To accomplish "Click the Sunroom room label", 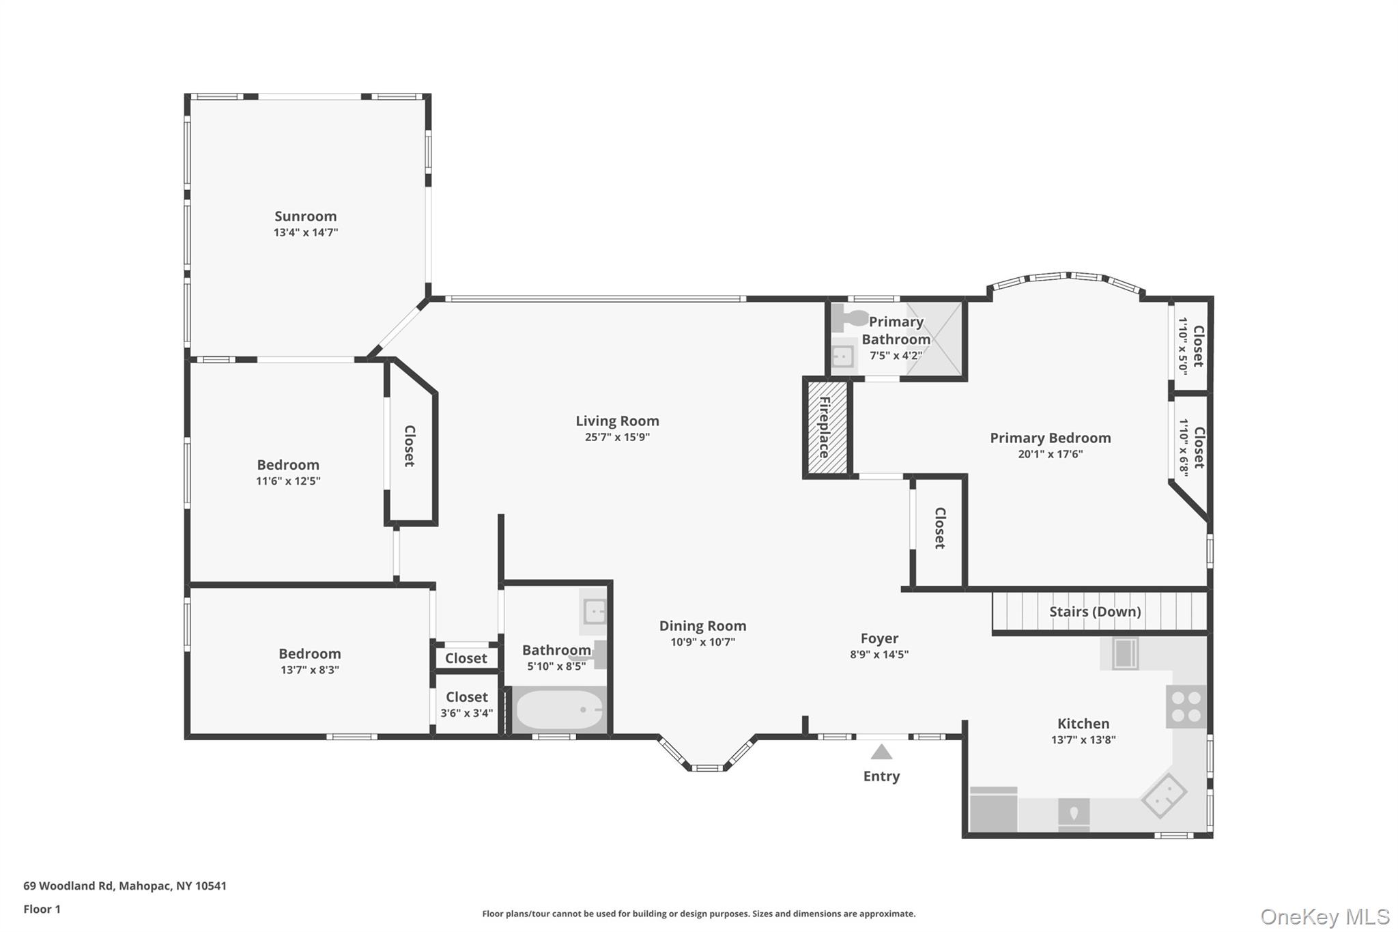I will pos(305,216).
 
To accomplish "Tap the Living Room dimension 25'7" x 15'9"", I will pos(616,438).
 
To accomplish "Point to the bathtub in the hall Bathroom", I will pos(559,710).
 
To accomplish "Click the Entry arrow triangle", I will pos(881,752).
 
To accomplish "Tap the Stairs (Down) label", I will pos(1094,612).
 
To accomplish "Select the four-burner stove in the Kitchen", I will pos(1186,707).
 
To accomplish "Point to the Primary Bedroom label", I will pos(1050,438).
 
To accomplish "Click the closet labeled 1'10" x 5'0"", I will pos(1190,346).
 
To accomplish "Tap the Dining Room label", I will pos(702,626).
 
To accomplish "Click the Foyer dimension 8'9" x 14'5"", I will pos(879,655).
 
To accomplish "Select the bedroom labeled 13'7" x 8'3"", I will pos(309,661).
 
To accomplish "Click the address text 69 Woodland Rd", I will pos(68,886).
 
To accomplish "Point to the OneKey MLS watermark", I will pos(1324,916).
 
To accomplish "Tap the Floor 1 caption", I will pos(42,909).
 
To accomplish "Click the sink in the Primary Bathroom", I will pos(843,356).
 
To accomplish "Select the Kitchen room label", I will pos(1083,724).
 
